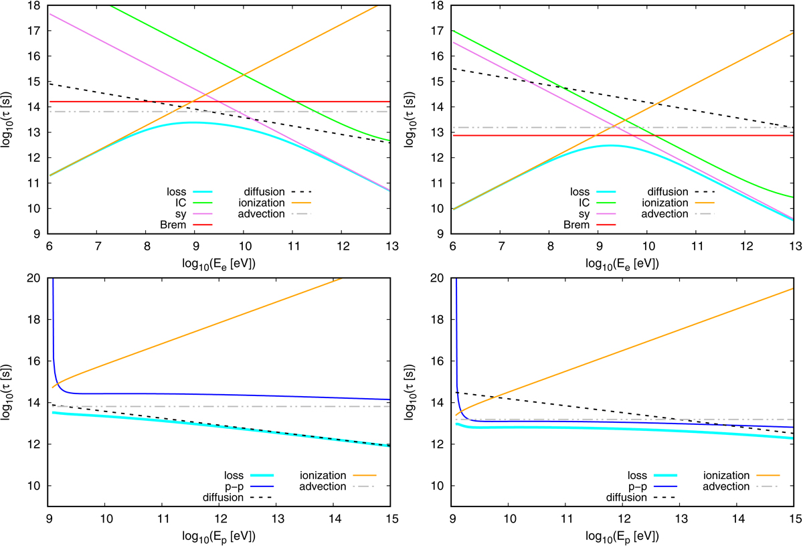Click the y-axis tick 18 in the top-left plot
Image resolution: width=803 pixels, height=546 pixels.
(x=33, y=5)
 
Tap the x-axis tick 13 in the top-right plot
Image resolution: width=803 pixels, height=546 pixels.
(x=793, y=245)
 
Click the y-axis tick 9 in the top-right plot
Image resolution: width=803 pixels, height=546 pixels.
(x=442, y=234)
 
